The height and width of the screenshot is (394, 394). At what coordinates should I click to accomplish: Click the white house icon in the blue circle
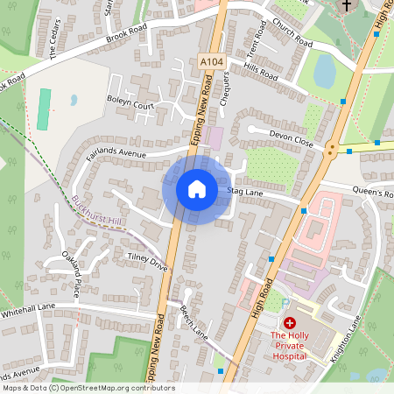pos(197,188)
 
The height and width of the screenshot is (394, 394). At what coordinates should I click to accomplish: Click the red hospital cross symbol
pos(289,323)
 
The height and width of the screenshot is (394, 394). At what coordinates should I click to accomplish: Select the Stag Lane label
pos(245,190)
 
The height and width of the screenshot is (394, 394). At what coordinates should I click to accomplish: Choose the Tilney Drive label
pos(147,260)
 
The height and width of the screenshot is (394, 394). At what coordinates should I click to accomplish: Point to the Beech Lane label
pos(193,323)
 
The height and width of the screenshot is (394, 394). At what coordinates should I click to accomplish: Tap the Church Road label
pos(292,34)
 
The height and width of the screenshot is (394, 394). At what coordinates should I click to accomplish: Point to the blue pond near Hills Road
pos(324,71)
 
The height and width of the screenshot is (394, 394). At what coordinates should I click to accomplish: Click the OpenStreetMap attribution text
pos(88,388)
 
